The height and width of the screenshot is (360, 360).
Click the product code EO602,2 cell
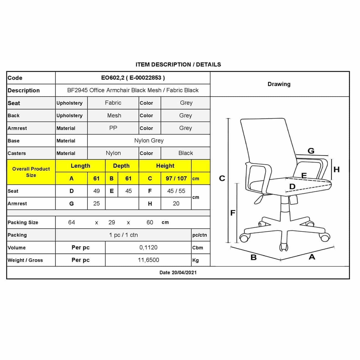click(133, 78)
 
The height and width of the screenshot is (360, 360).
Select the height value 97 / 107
click(176, 179)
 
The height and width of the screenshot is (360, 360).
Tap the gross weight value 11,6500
click(148, 260)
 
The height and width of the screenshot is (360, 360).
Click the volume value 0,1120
click(148, 248)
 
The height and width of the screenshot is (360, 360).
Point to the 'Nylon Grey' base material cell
click(149, 141)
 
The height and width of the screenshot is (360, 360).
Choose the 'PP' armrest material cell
click(113, 128)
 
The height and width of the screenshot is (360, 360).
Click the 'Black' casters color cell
click(186, 153)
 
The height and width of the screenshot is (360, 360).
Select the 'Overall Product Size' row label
click(31, 172)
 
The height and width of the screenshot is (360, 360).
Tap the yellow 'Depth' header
click(121, 166)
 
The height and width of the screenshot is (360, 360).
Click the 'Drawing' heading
click(279, 84)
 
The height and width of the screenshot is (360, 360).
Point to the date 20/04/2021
click(178, 272)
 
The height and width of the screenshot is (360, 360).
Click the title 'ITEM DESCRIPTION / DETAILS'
click(178, 65)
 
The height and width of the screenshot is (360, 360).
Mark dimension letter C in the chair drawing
click(222, 178)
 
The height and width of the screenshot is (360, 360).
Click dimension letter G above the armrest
click(311, 151)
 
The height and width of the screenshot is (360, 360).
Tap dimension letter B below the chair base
click(253, 258)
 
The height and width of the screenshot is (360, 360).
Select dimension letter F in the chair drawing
click(233, 213)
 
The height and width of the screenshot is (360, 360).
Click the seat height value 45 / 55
click(176, 191)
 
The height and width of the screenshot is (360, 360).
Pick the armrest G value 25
click(96, 204)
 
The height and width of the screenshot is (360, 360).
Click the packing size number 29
click(112, 222)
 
